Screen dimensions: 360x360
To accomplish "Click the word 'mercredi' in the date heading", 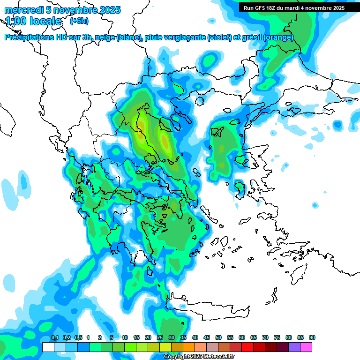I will coord(23,10).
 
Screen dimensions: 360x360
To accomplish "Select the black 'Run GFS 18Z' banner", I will coord(294,7).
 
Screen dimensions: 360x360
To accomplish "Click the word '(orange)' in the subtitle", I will coord(278,37).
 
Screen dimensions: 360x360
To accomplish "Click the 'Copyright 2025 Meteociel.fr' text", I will coord(199,357).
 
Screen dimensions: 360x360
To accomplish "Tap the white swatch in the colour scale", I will coord(48,347).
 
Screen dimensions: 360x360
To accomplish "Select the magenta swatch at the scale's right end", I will coord(306,347).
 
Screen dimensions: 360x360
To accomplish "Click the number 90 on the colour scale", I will coord(312,337).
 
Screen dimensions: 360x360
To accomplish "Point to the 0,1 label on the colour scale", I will coord(55,337).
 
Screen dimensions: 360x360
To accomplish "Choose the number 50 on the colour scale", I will coord(218,337).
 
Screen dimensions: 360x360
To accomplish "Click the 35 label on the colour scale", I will coord(183,337).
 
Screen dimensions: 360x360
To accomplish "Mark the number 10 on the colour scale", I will coord(125,337).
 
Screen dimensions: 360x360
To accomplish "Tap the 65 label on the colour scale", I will coord(254,337).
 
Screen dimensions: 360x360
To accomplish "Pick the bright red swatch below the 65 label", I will coord(247,347).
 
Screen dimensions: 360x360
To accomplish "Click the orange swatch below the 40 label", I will coord(189,347).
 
